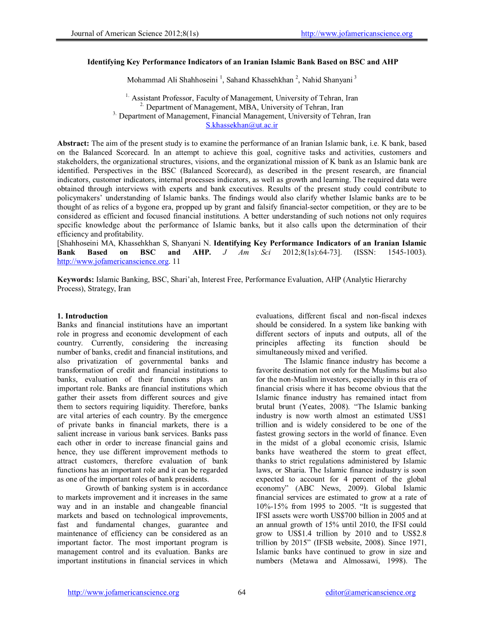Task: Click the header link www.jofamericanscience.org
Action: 357,34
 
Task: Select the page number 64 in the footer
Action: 241,593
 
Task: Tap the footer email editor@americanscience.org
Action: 370,593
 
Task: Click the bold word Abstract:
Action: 73,144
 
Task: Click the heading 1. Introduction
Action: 82,316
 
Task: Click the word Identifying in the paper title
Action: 108,62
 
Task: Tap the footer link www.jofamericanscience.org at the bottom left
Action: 123,593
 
